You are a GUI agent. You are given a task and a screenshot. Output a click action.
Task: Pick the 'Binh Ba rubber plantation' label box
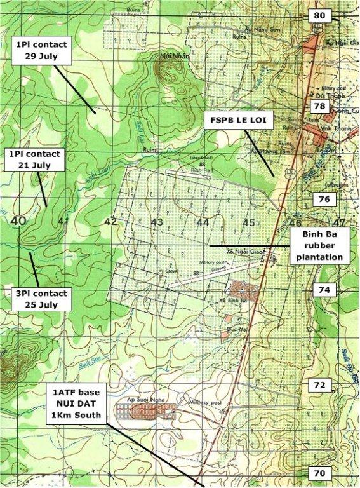coord(317,245)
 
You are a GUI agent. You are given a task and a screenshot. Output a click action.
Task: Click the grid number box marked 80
coord(320,15)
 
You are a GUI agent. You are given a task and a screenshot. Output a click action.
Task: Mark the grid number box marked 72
coord(319,384)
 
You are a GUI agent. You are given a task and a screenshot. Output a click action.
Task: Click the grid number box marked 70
coord(319,473)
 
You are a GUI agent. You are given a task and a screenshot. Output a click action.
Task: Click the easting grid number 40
coord(18,220)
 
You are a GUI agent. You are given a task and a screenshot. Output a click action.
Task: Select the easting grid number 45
coord(249,222)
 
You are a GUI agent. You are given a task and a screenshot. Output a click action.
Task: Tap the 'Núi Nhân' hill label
coord(167,55)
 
